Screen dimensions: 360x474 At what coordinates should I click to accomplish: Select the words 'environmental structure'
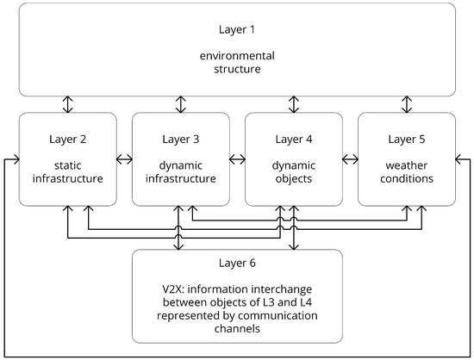point(237,64)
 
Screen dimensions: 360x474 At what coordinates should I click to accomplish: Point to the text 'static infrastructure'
point(67,172)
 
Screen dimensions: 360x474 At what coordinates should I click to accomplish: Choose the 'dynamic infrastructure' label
point(180,172)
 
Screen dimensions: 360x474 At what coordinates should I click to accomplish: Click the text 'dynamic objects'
point(293,172)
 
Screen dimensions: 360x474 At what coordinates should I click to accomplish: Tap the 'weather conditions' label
point(406,172)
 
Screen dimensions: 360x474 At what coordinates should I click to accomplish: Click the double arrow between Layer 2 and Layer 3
point(124,159)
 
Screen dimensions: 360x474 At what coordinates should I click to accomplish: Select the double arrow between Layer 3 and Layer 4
point(237,159)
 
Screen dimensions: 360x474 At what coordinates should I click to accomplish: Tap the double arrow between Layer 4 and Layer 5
point(350,159)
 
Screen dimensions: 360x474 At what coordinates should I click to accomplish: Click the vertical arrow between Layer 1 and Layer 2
point(67,104)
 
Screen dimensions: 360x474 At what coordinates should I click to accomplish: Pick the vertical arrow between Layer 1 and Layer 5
point(406,104)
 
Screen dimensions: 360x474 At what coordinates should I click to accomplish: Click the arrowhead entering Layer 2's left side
point(15,159)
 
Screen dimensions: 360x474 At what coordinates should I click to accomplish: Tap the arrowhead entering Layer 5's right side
point(458,159)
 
